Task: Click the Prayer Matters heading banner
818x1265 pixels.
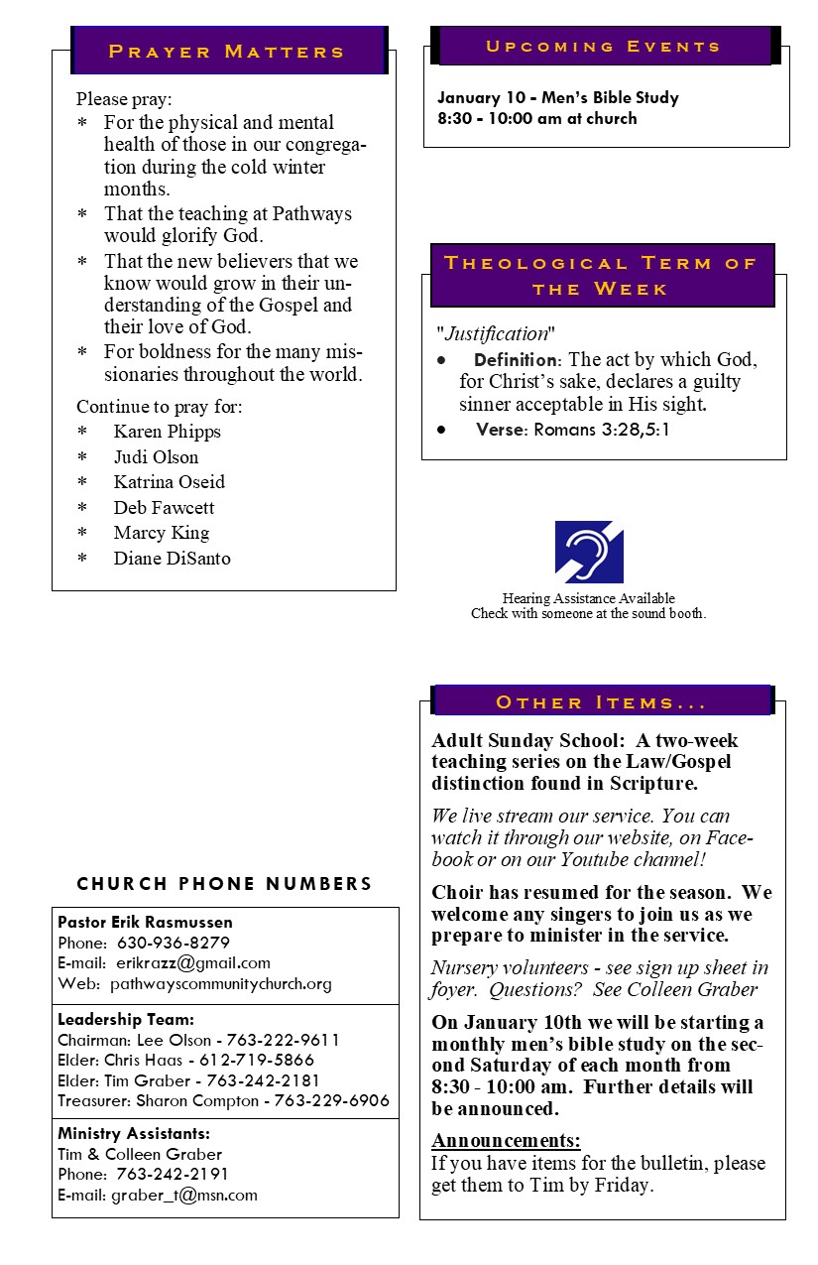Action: click(x=227, y=51)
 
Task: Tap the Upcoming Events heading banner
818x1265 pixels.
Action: click(x=603, y=47)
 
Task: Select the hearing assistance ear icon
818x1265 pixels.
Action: click(x=589, y=552)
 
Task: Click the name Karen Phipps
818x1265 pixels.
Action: click(x=167, y=432)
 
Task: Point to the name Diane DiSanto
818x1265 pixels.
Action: click(x=172, y=559)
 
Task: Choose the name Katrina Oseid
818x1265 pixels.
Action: click(x=169, y=482)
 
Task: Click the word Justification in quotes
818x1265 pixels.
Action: click(x=496, y=333)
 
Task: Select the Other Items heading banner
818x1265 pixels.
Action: click(x=601, y=702)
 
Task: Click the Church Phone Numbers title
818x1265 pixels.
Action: click(x=225, y=884)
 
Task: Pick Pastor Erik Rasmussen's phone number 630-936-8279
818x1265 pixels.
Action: click(x=174, y=943)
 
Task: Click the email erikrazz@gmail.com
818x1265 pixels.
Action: click(x=193, y=963)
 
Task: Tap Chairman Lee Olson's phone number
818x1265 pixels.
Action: click(x=284, y=1040)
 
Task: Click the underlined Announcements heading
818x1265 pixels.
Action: click(x=506, y=1140)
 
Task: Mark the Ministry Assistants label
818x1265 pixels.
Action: click(x=134, y=1133)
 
